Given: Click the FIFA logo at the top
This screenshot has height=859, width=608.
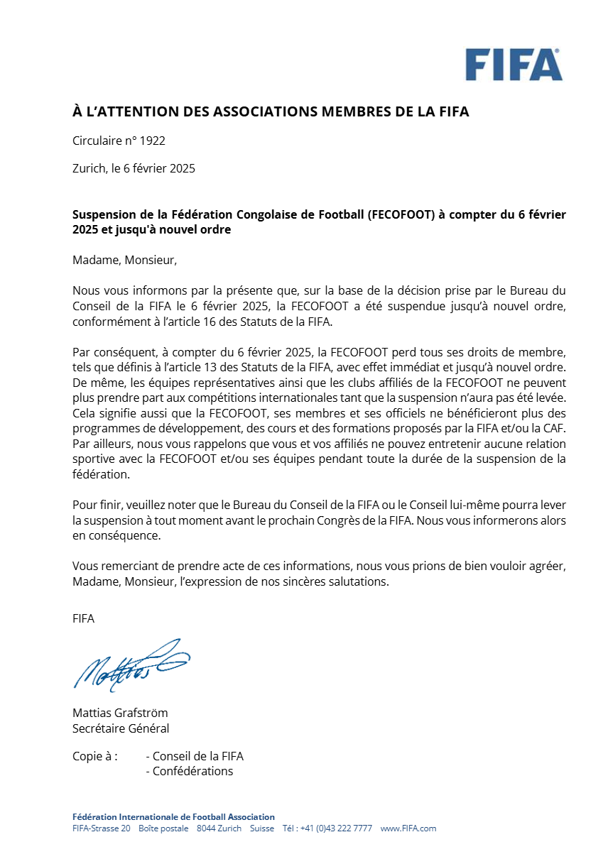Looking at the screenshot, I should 514,65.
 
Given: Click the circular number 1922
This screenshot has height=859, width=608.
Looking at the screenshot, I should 152,141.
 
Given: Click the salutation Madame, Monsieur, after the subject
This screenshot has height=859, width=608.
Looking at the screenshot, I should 124,260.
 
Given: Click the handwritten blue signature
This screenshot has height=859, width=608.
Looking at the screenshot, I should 131,664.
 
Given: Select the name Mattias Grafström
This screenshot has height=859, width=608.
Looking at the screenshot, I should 120,713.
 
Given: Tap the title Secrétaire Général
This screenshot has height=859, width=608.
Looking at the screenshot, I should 121,728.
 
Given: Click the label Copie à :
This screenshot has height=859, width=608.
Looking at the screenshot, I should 95,756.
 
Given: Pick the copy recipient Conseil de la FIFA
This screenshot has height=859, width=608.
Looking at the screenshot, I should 198,756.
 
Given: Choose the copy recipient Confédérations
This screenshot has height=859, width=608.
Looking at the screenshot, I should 192,771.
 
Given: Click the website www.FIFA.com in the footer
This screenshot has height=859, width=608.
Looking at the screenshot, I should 408,828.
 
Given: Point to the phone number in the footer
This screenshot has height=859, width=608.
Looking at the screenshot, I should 335,828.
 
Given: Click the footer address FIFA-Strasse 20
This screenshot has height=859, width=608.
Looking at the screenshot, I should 102,828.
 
